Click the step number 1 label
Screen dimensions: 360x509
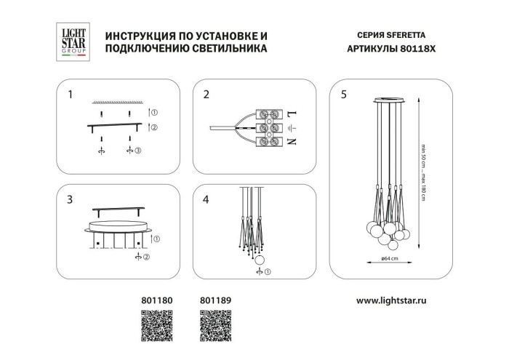pyautogui.click(x=70, y=95)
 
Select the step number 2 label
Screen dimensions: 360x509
pyautogui.click(x=207, y=95)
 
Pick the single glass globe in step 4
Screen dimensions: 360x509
pyautogui.click(x=260, y=260)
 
